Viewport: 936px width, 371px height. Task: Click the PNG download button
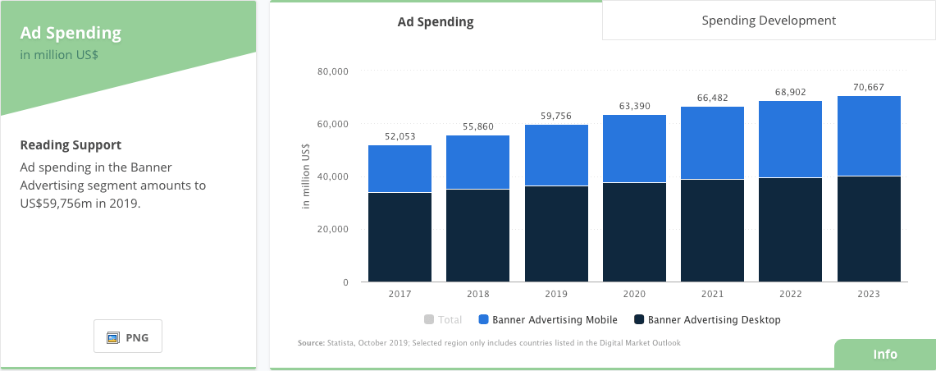128,337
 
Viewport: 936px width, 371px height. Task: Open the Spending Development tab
769,21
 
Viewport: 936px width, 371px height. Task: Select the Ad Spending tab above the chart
436,22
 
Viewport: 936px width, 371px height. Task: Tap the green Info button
884,355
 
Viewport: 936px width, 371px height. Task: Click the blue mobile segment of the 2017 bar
400,169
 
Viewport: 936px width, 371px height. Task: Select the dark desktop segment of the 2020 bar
634,232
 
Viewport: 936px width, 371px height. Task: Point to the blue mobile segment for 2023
869,136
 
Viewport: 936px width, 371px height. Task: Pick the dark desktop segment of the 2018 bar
478,236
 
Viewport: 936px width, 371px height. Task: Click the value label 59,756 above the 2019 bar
556,116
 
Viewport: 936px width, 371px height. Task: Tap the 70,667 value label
869,87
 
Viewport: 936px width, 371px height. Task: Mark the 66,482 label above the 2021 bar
713,98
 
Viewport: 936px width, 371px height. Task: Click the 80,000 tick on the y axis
332,72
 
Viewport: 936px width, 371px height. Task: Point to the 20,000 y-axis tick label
332,230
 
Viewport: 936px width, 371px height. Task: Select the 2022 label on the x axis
791,294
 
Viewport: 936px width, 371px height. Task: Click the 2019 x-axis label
556,294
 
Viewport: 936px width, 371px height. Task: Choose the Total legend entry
443,320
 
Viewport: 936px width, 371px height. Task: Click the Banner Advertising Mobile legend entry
548,320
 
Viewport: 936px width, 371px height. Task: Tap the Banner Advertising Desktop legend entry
706,320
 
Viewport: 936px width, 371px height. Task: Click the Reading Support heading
71,145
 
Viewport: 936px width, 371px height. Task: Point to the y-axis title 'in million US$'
306,177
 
